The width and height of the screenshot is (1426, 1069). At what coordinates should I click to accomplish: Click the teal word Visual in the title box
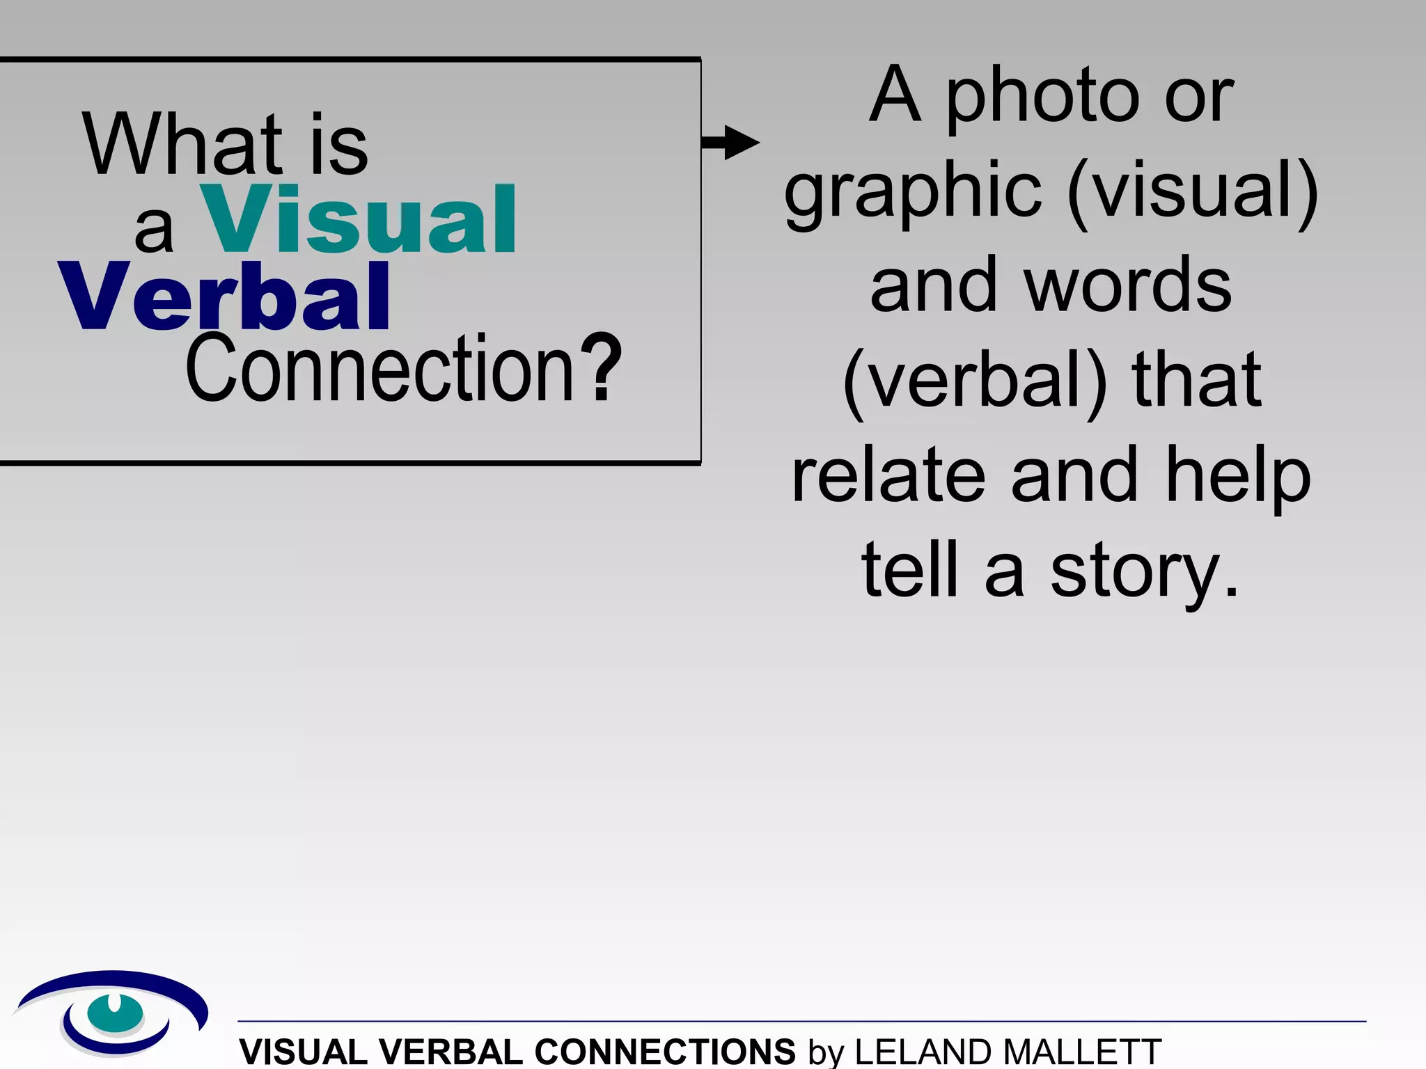pos(359,219)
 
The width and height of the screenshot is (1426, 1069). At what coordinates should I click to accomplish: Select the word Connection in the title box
pos(379,369)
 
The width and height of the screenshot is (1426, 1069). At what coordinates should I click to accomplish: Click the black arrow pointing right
pos(731,143)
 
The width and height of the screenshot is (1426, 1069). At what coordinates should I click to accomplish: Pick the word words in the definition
pos(1128,285)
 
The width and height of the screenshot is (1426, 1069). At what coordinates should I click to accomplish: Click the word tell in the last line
pos(909,571)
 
